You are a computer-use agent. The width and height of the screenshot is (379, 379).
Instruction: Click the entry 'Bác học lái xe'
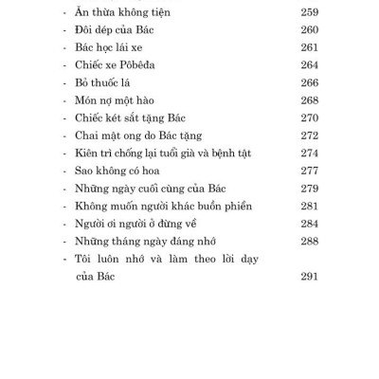106,46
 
